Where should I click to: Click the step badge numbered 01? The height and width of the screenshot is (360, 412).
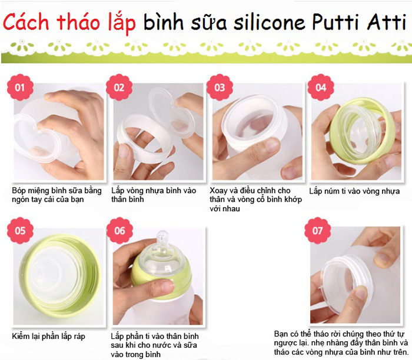pyautogui.click(x=20, y=87)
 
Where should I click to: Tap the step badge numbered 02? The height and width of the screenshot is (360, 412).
pyautogui.click(x=119, y=87)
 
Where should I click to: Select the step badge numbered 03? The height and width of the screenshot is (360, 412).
pyautogui.click(x=220, y=87)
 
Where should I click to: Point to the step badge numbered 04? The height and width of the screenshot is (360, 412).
pyautogui.click(x=321, y=87)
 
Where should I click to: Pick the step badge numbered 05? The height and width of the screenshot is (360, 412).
pyautogui.click(x=20, y=231)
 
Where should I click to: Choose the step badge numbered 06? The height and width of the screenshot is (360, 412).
pyautogui.click(x=119, y=231)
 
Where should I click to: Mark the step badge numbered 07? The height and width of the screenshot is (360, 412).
pyautogui.click(x=317, y=231)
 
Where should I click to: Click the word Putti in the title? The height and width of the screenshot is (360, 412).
pyautogui.click(x=335, y=22)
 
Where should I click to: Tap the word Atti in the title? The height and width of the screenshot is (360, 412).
pyautogui.click(x=387, y=22)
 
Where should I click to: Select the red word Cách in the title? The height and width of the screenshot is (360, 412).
pyautogui.click(x=26, y=22)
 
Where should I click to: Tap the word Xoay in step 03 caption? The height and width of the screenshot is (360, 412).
pyautogui.click(x=218, y=191)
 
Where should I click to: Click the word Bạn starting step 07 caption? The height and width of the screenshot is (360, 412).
pyautogui.click(x=281, y=334)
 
